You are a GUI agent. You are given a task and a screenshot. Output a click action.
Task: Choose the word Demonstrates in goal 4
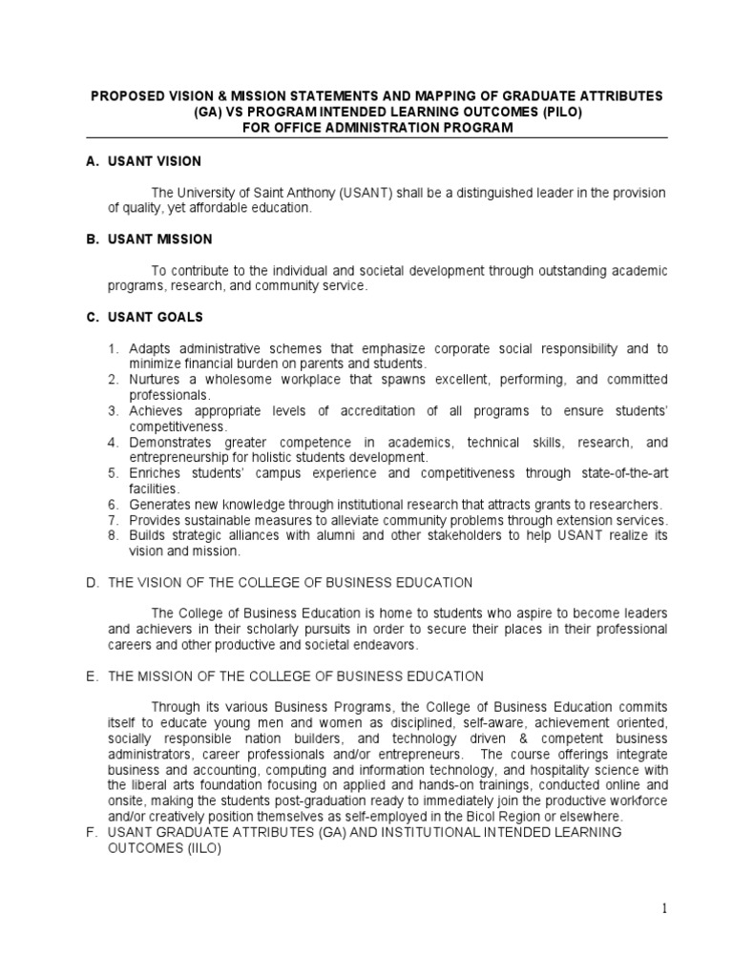(173, 443)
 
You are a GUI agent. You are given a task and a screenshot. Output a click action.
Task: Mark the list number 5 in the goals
(112, 473)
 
